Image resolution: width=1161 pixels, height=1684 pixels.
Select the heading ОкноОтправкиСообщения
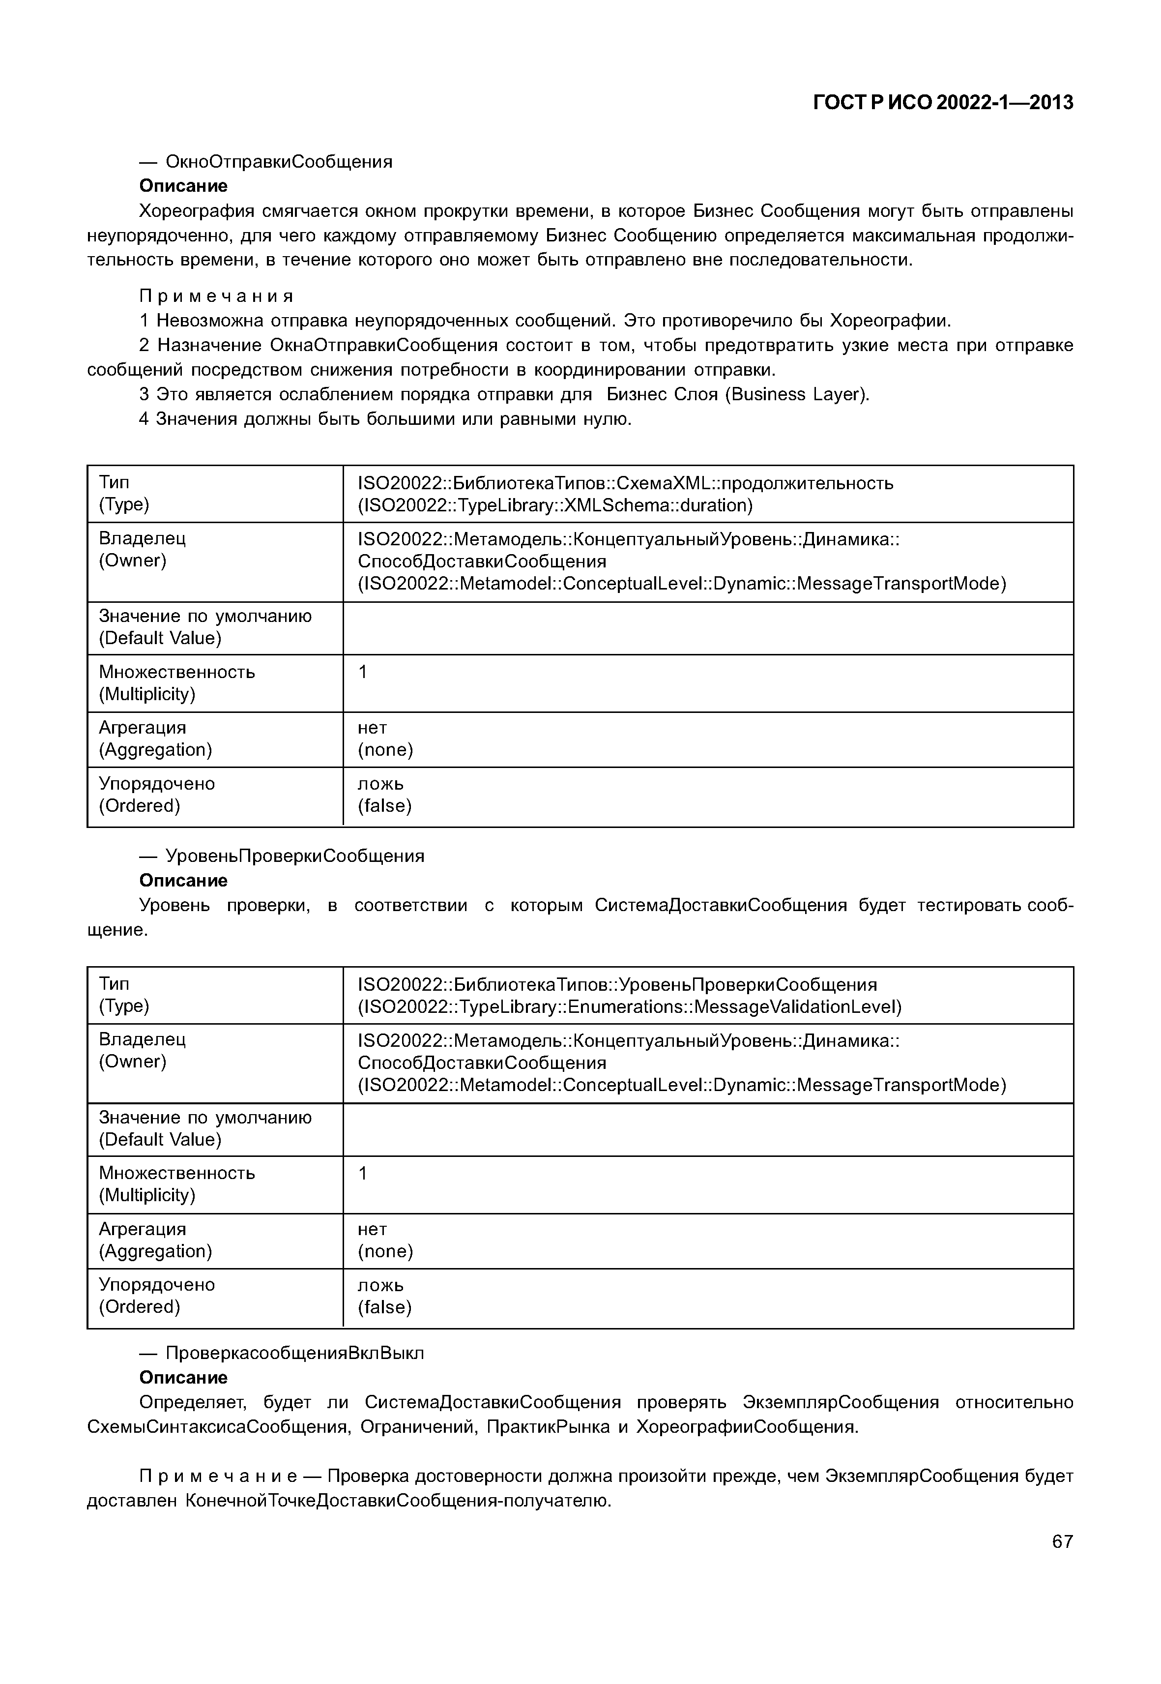click(x=279, y=162)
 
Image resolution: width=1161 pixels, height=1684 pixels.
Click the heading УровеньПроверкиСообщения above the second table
click(x=294, y=856)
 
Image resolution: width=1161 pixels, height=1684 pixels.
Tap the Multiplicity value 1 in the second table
click(x=363, y=1173)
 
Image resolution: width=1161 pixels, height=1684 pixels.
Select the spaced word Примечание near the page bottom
click(x=218, y=1476)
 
